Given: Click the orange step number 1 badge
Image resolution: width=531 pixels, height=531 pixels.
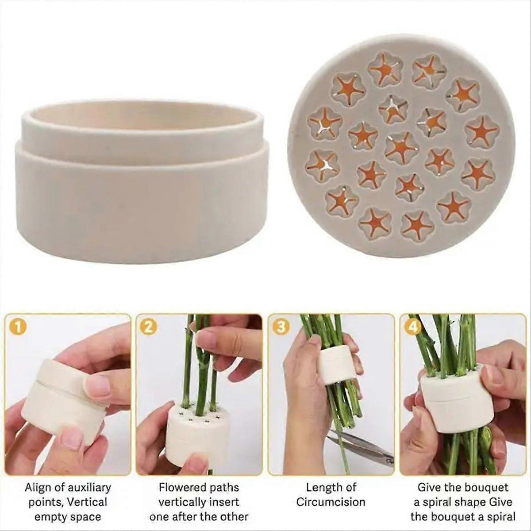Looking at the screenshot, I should pos(17,327).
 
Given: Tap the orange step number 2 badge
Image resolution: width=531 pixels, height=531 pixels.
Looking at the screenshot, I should pos(148,327).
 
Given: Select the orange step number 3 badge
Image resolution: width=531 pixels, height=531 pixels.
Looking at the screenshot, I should pos(281,327).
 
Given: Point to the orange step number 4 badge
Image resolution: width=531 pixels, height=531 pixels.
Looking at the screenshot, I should pos(411,327).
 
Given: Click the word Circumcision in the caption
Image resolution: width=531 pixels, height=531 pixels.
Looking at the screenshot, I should pos(331,502).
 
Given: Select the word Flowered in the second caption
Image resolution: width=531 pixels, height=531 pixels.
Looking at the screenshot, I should pos(180,488).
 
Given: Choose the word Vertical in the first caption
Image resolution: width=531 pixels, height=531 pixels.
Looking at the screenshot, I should pos(88,502).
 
